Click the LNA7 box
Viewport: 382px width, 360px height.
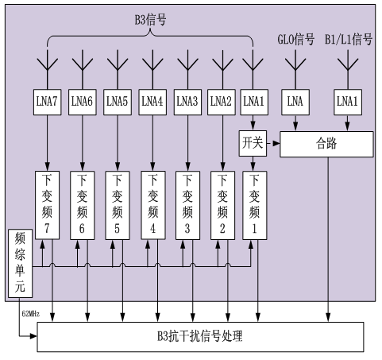click(47, 102)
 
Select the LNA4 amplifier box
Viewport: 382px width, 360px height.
click(152, 102)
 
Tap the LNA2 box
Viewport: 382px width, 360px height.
click(222, 102)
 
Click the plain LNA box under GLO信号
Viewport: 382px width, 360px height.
click(295, 102)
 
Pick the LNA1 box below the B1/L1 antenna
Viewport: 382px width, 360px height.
click(348, 102)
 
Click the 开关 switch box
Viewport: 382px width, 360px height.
click(253, 143)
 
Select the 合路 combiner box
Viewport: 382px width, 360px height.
click(326, 144)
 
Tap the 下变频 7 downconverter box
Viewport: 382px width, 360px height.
click(47, 205)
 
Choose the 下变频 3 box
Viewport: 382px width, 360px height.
click(187, 205)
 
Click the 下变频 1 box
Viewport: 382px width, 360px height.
click(254, 205)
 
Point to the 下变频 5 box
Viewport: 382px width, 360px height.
click(118, 205)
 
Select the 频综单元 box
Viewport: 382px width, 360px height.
click(20, 263)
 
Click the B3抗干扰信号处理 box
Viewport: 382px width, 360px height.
click(200, 337)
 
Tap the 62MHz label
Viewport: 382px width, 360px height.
click(31, 314)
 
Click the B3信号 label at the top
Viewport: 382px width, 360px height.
click(150, 19)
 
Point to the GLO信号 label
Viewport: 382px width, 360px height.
click(295, 39)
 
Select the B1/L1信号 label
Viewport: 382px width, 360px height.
click(349, 39)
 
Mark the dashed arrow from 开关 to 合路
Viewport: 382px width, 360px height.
click(273, 143)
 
